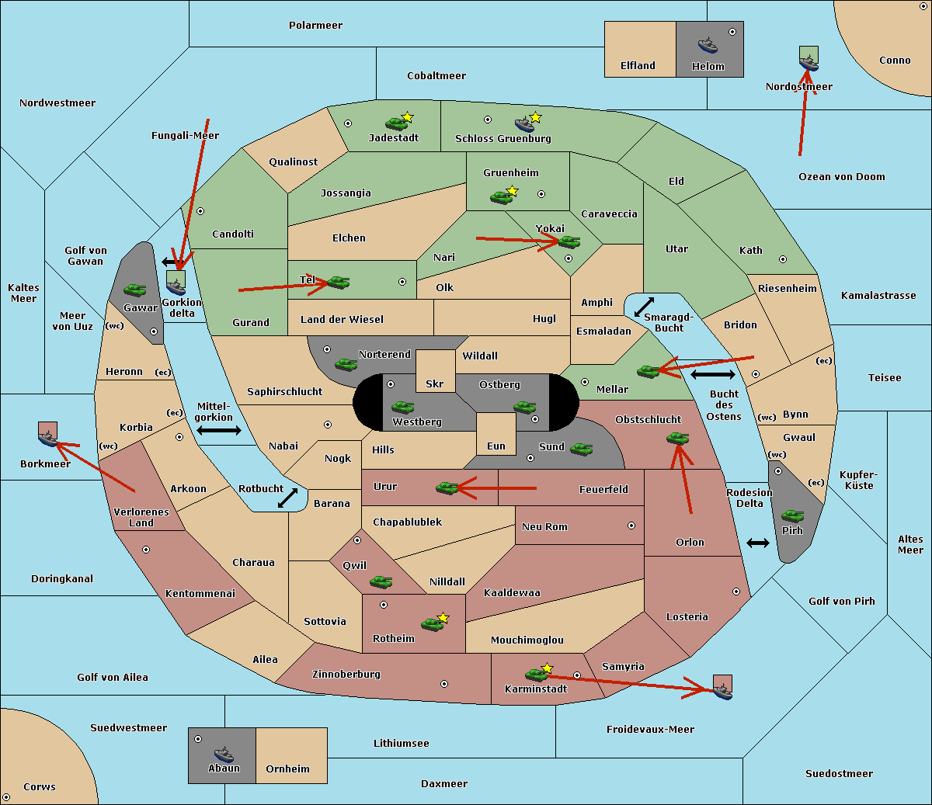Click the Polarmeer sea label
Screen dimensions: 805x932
coord(315,26)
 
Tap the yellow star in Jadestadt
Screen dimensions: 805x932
coord(408,116)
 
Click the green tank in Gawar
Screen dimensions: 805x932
coord(135,290)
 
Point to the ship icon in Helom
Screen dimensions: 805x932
coord(707,45)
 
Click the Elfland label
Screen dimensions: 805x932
coord(638,66)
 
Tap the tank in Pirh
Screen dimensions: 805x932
coord(792,516)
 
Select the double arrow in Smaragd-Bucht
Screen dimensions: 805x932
coord(645,307)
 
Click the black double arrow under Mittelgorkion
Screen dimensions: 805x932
coord(219,431)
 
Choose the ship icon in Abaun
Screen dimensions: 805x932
coord(224,754)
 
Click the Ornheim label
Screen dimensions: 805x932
coord(287,769)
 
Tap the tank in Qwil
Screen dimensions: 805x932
coord(381,581)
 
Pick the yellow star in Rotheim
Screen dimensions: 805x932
coord(443,618)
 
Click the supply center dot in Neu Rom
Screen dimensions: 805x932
coord(631,526)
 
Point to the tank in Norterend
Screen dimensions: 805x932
coord(346,364)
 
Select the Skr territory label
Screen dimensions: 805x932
coord(435,383)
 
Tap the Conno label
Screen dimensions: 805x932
coord(895,61)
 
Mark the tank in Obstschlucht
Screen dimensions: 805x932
coord(678,439)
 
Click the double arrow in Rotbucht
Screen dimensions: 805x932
coord(288,498)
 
